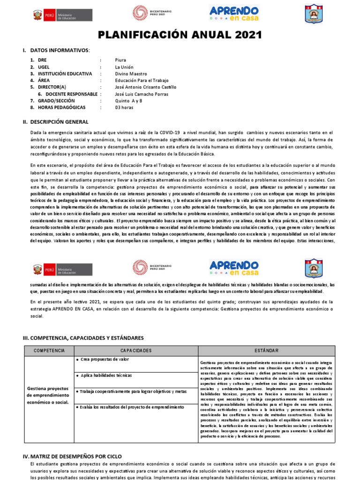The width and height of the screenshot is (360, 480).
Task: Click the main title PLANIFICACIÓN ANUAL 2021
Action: pos(180,36)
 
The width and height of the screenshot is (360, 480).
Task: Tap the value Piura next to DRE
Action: pos(120,60)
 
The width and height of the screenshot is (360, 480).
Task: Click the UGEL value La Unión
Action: pos(124,67)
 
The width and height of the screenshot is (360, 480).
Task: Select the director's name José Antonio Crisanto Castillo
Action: pos(146,87)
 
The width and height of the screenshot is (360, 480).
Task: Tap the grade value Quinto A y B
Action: pos(129,100)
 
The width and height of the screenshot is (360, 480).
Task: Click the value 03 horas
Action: pos(124,107)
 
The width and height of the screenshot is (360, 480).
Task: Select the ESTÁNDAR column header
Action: pos(266,351)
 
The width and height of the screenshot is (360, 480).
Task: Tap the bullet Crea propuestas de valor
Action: pos(104,359)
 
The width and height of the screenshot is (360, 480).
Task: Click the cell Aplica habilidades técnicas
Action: pos(106,375)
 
